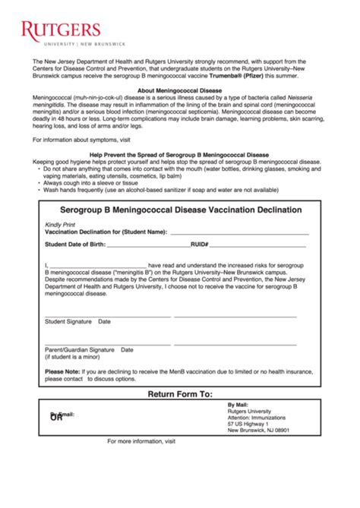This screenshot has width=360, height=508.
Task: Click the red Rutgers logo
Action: [62, 31]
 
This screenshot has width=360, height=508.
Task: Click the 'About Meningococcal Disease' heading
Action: [179, 90]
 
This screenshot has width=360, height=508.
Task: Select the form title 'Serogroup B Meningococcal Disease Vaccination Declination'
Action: [179, 210]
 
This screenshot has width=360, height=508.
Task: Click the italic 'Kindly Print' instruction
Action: [61, 225]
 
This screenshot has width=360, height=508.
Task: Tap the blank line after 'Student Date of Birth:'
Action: [147, 246]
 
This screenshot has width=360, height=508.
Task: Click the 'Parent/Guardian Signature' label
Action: [80, 350]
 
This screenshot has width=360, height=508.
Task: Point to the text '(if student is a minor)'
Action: [76, 357]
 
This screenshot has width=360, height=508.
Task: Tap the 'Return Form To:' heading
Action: [179, 395]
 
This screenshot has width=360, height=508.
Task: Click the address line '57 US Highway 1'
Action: [248, 424]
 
